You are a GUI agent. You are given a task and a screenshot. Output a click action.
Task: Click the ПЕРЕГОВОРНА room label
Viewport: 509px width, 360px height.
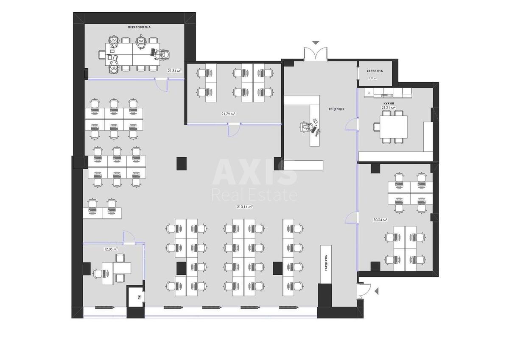tap(139, 27)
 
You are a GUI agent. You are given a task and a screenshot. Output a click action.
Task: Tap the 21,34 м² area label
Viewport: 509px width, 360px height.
tap(174, 71)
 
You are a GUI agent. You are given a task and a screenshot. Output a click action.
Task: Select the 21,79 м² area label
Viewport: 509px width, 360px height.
tap(228, 114)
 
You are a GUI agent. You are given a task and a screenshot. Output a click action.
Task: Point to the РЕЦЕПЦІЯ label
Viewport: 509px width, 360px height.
tap(336, 109)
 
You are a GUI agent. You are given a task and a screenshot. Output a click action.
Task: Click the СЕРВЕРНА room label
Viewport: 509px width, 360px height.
tap(375, 71)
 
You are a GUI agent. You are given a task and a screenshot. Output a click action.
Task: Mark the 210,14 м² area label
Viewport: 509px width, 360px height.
tap(245, 207)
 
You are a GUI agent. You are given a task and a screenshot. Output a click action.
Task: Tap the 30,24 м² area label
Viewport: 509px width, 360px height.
tap(380, 220)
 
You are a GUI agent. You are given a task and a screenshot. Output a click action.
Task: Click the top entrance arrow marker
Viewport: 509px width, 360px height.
tap(316, 42)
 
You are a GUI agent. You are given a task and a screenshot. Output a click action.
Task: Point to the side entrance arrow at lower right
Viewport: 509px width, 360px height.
tap(377, 290)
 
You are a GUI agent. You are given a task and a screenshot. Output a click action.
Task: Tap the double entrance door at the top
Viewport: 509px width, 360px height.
tap(316, 54)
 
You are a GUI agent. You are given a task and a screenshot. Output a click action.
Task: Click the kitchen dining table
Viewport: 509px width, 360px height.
tap(394, 126)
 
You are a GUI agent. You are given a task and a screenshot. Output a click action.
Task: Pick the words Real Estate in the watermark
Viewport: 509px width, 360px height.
tap(254, 195)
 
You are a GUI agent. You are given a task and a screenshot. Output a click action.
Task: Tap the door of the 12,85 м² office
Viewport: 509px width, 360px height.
tap(129, 237)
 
